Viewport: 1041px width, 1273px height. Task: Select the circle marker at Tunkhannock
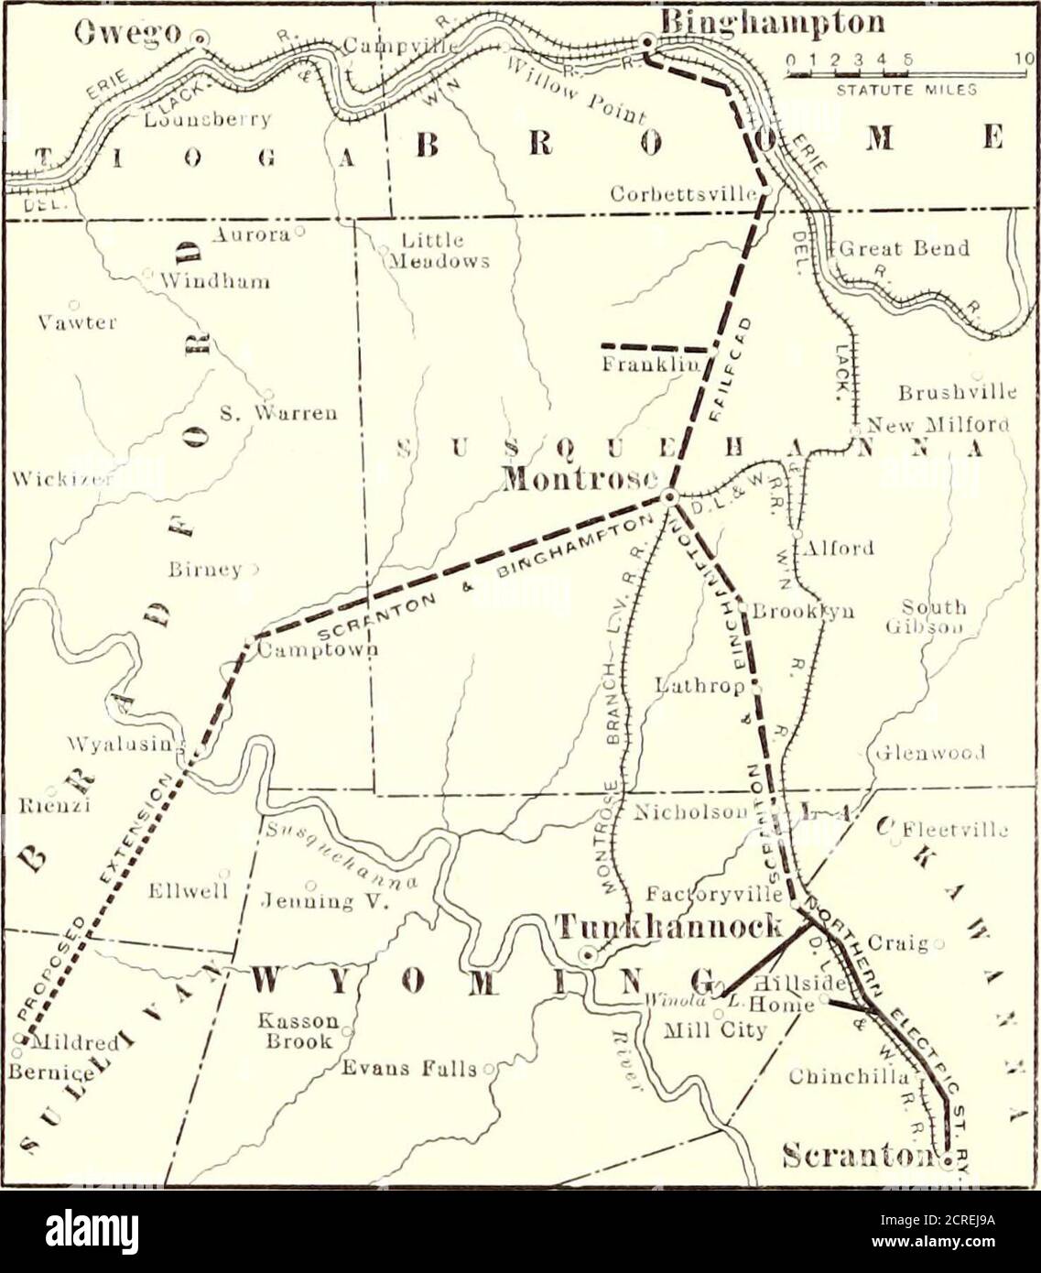(x=589, y=955)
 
